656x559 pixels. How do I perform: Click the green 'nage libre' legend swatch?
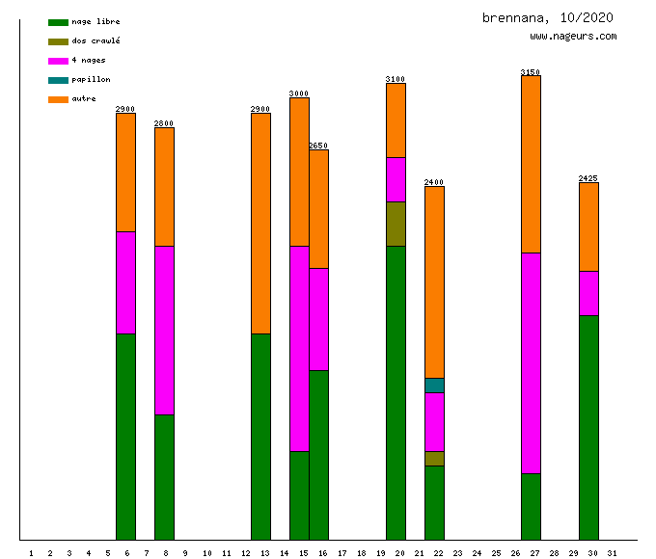[x=58, y=21]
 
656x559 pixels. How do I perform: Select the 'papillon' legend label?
[x=91, y=79]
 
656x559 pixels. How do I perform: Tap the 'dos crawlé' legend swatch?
[x=58, y=40]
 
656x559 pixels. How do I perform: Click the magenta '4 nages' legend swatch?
[x=58, y=60]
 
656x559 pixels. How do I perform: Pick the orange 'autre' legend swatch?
[x=58, y=98]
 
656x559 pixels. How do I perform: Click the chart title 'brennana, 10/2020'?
[x=548, y=17]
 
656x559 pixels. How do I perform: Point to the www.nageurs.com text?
[x=573, y=37]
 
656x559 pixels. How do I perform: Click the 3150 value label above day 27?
[x=531, y=72]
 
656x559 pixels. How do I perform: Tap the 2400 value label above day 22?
[x=434, y=182]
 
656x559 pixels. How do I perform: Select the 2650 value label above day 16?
[x=318, y=146]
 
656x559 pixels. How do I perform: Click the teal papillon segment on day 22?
[x=434, y=386]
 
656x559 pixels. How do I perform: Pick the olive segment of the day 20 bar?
[x=396, y=224]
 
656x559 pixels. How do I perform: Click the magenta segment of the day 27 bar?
[x=531, y=362]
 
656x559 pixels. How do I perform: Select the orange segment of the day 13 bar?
[x=260, y=224]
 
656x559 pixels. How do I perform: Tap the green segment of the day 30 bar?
[x=588, y=427]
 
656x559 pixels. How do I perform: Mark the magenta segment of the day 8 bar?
[x=164, y=330]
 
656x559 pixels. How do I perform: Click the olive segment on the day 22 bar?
[x=434, y=458]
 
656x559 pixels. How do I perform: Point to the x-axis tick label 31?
[x=613, y=552]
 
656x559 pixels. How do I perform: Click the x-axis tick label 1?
[x=31, y=552]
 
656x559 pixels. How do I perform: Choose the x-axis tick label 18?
[x=361, y=552]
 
